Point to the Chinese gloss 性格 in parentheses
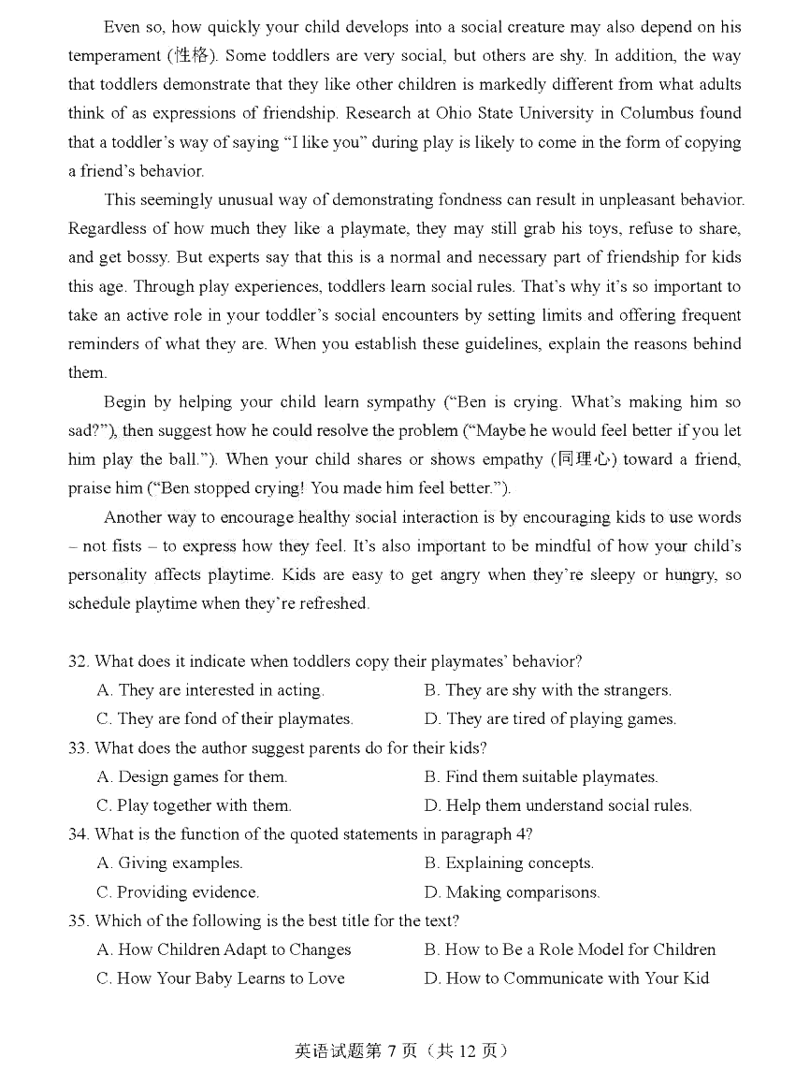[195, 55]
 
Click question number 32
[78, 661]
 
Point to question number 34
[78, 834]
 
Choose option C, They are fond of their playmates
[224, 719]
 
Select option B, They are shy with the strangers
[548, 690]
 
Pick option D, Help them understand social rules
[558, 805]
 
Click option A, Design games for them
[192, 776]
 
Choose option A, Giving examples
[169, 863]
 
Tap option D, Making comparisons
[512, 892]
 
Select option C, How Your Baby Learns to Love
[221, 978]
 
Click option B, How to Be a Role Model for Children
[570, 949]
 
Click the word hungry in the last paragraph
[689, 575]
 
